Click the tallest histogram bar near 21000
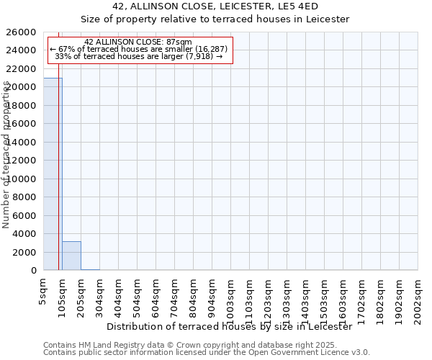[x=53, y=174]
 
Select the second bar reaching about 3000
[x=71, y=256]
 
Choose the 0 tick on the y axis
[x=33, y=271]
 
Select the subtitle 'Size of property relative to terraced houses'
[x=216, y=19]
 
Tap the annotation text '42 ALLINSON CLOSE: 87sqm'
[x=138, y=42]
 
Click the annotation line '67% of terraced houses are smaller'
[x=138, y=49]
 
